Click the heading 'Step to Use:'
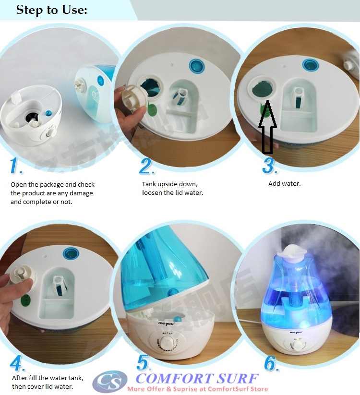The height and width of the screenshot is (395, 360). click(x=51, y=10)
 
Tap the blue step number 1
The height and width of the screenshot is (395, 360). click(x=17, y=166)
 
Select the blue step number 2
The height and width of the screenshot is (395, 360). click(x=147, y=166)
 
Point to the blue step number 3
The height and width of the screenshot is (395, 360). click(x=270, y=166)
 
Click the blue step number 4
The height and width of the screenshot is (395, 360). click(x=17, y=363)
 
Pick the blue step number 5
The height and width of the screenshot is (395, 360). click(x=144, y=363)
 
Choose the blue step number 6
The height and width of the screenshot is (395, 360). click(x=271, y=364)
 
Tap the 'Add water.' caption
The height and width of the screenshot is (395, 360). click(x=284, y=184)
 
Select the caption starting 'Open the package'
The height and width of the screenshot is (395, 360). click(x=52, y=193)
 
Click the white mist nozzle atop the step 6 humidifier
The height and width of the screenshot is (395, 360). click(x=292, y=250)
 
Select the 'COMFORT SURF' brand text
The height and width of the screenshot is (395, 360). click(x=197, y=378)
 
